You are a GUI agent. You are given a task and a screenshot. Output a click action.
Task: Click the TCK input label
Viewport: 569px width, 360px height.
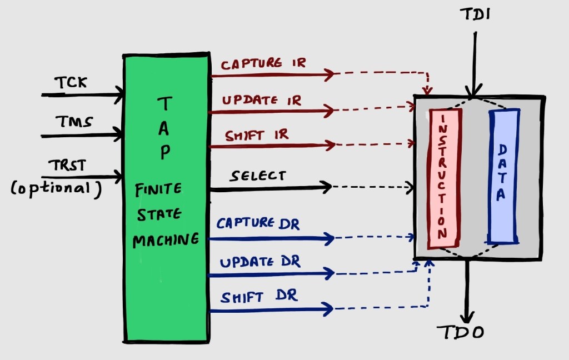[x=70, y=83]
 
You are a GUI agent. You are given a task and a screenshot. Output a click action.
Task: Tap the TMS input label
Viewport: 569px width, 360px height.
[x=73, y=121]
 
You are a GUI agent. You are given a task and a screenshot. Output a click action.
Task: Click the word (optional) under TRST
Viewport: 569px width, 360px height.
[x=56, y=188]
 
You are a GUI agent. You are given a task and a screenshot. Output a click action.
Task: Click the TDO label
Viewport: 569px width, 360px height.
[x=461, y=332]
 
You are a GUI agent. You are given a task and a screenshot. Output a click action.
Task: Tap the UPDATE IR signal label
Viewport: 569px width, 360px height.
[x=262, y=101]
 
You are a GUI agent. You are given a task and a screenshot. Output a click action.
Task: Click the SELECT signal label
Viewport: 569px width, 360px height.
[x=258, y=176]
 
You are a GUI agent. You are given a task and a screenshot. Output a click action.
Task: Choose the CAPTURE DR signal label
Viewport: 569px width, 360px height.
[x=258, y=224]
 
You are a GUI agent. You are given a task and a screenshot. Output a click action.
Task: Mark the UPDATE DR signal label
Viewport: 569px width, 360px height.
[x=260, y=262]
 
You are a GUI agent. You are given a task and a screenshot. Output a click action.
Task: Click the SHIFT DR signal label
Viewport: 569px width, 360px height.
[x=259, y=297]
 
